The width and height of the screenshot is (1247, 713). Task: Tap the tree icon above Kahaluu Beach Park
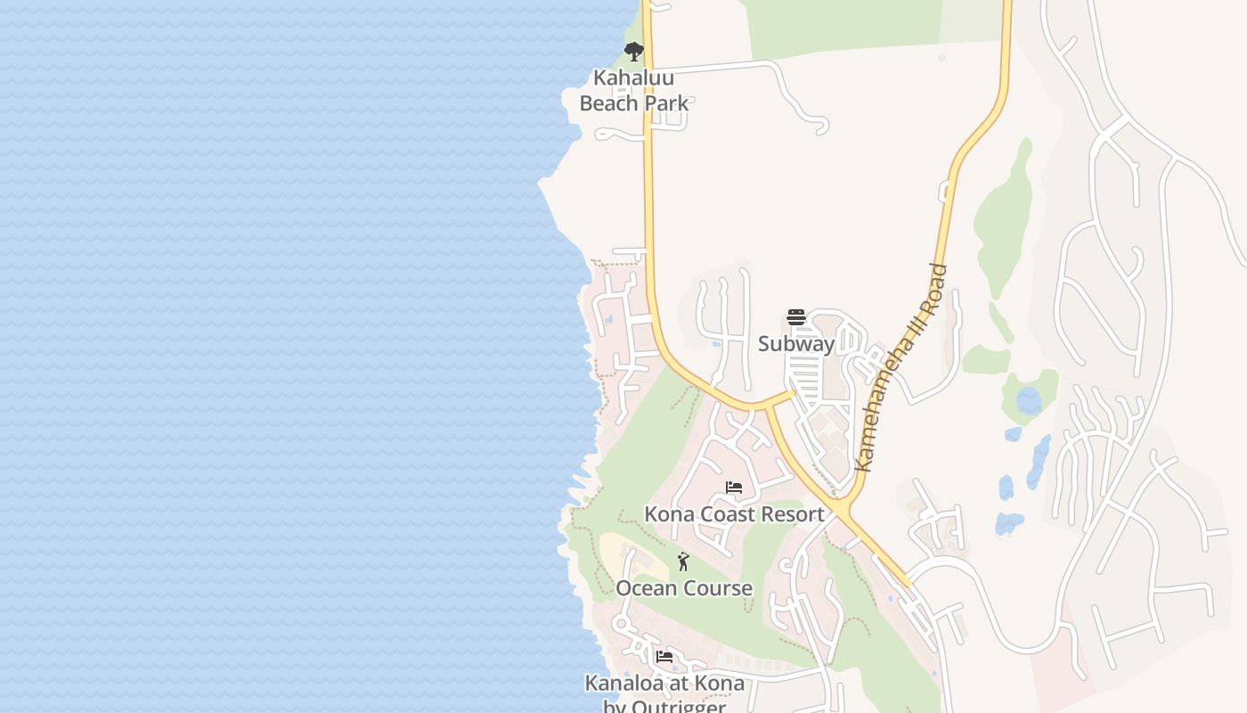[634, 52]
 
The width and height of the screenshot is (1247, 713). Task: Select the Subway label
[796, 344]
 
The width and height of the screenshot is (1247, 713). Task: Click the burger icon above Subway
[796, 317]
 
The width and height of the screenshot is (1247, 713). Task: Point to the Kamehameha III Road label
[901, 367]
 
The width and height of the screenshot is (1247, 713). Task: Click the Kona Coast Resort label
[734, 514]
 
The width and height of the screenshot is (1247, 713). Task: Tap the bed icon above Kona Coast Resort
[734, 488]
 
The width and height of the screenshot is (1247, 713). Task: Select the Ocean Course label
[684, 588]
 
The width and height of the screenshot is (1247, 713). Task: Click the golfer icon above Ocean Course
[683, 561]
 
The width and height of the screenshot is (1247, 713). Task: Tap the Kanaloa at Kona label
[664, 684]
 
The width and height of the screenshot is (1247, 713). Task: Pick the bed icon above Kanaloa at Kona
[664, 658]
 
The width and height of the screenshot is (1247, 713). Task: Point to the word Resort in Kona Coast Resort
[791, 514]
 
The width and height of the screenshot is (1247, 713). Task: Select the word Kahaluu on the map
[634, 78]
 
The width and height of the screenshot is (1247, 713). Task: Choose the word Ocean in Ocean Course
[645, 588]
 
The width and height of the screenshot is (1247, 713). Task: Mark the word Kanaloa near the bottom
[622, 684]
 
